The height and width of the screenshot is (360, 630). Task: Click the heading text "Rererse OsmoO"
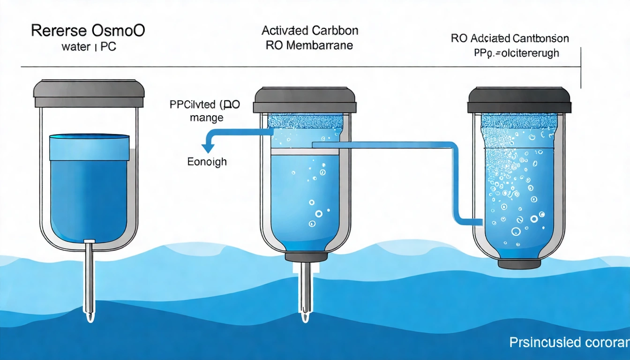pyautogui.click(x=88, y=31)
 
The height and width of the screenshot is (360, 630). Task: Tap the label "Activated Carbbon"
pyautogui.click(x=310, y=31)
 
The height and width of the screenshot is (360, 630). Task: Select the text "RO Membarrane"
pyautogui.click(x=309, y=45)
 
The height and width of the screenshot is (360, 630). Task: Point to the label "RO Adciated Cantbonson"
pyautogui.click(x=510, y=38)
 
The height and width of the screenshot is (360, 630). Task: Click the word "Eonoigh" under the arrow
pyautogui.click(x=207, y=162)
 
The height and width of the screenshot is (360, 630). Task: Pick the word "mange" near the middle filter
pyautogui.click(x=207, y=118)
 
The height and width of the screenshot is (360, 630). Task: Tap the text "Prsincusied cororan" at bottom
pyautogui.click(x=569, y=342)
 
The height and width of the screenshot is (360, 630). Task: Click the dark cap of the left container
pyautogui.click(x=89, y=93)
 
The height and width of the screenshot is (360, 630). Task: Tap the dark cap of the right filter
pyautogui.click(x=519, y=100)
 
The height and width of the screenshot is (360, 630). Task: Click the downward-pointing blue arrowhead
pyautogui.click(x=208, y=148)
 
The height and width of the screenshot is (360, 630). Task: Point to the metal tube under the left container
pyautogui.click(x=89, y=279)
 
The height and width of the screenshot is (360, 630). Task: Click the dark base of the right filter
pyautogui.click(x=519, y=264)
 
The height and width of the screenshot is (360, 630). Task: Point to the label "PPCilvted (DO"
pyautogui.click(x=204, y=105)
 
